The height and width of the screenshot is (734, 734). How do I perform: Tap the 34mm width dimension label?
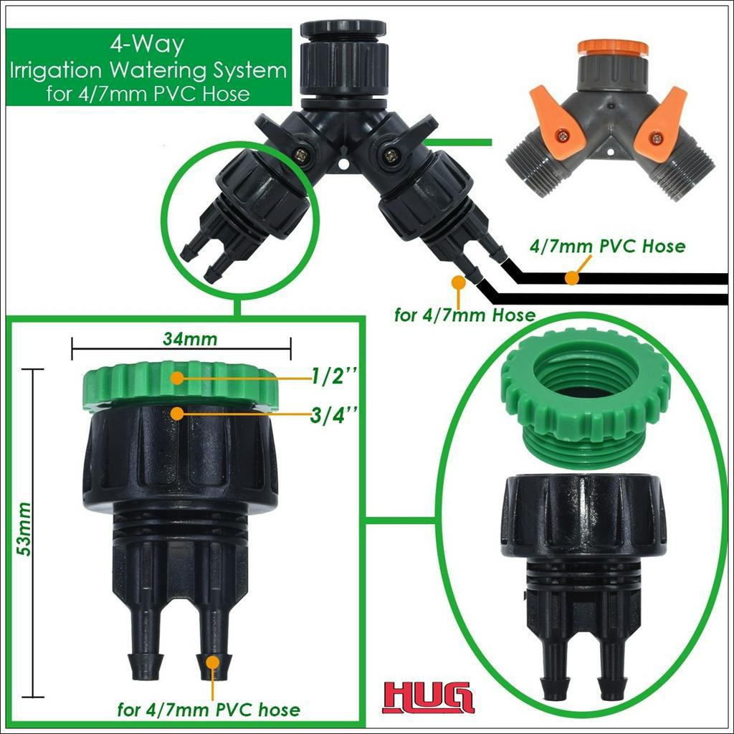190,338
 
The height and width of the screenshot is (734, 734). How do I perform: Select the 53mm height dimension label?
23,530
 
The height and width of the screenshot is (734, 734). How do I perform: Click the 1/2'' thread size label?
335,376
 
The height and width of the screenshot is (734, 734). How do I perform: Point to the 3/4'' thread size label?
335,415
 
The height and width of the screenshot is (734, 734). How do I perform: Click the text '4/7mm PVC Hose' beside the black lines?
607,247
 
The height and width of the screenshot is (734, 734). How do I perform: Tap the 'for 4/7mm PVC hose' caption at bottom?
209,710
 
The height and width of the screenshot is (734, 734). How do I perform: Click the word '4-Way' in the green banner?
148,44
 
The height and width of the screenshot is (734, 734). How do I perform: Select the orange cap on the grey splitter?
613,47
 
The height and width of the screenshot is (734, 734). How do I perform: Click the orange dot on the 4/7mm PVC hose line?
571,278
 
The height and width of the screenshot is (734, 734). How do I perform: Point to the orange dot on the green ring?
177,378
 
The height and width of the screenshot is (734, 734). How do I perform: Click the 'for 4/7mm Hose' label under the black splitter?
464,315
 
